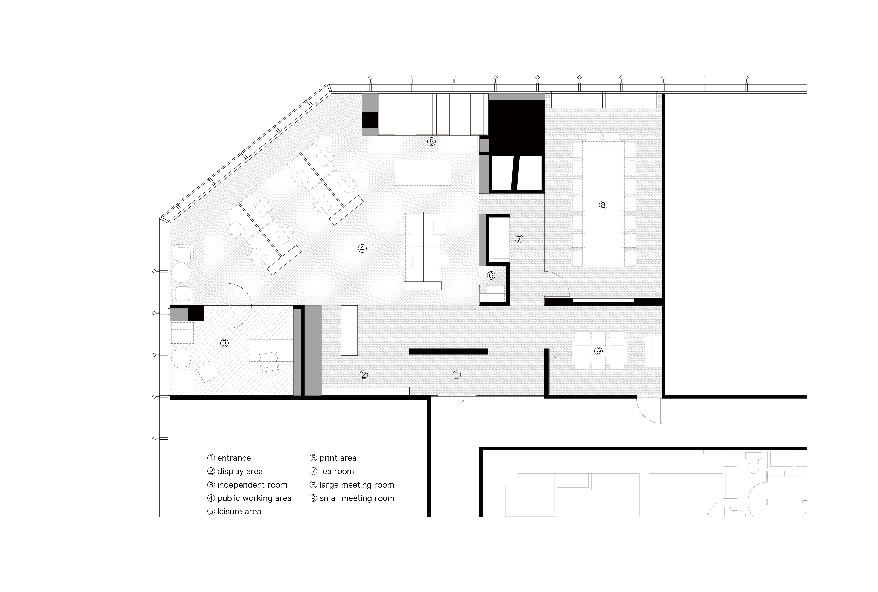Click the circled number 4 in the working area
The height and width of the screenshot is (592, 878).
point(362,249)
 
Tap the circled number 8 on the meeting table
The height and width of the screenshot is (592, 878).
point(603,205)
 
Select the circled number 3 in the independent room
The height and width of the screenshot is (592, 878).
point(224,343)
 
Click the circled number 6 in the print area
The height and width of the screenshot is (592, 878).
point(491,275)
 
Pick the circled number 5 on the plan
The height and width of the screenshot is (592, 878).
point(431,142)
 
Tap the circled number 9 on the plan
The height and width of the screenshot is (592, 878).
point(598,351)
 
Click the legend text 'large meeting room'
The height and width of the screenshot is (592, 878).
point(357,485)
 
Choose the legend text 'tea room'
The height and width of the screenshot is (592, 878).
point(337,471)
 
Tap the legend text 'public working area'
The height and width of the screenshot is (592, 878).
point(254,498)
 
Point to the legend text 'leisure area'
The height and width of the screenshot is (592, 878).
point(239,512)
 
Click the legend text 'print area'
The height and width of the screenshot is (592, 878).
point(338,458)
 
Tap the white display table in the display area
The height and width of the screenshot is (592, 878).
point(349,330)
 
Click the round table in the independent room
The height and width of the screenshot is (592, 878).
point(181,358)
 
